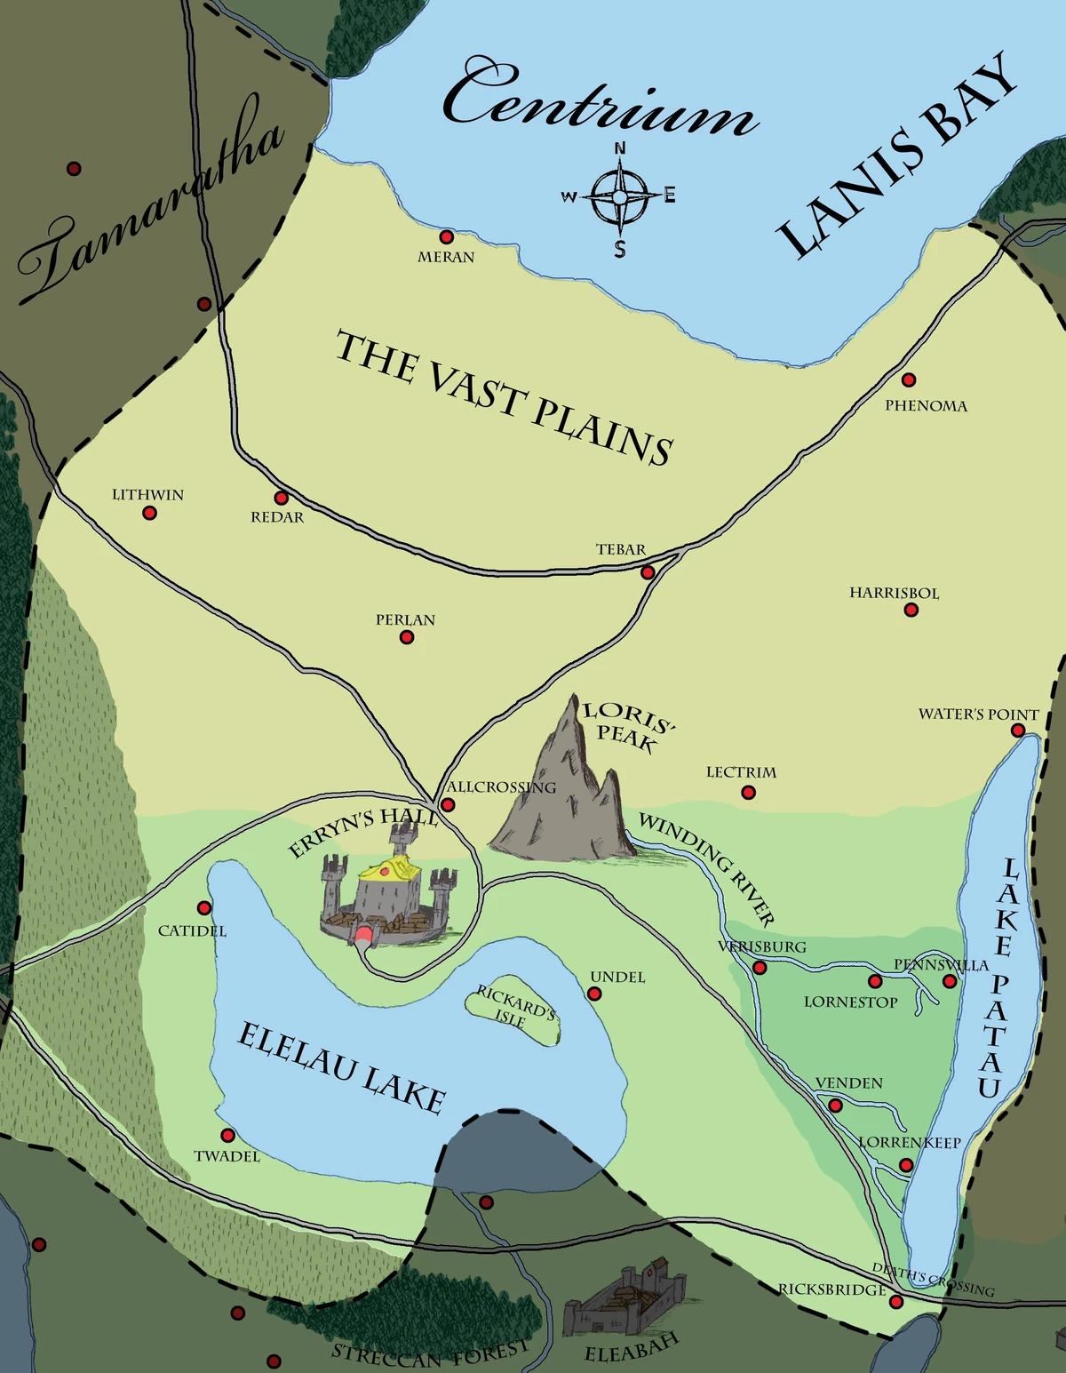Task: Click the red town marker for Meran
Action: click(447, 237)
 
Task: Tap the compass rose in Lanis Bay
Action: click(619, 197)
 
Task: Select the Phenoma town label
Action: click(926, 406)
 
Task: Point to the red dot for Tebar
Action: click(648, 572)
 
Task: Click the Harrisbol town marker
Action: click(911, 610)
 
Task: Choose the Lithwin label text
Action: click(147, 495)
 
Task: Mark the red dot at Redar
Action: click(282, 499)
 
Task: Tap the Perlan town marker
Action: click(407, 637)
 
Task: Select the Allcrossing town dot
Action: click(449, 805)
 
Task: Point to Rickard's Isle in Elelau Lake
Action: click(514, 1014)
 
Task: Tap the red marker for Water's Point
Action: click(1018, 730)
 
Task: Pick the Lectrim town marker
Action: click(748, 792)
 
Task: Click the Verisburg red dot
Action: click(760, 968)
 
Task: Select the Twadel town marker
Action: click(227, 1136)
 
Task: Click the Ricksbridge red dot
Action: click(895, 1302)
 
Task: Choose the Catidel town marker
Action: click(204, 908)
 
